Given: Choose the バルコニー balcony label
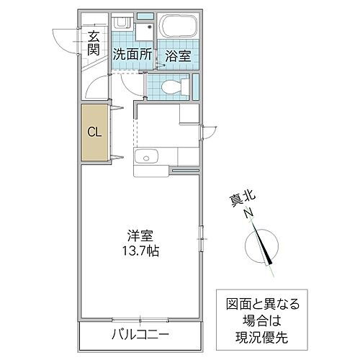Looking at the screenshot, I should click(x=140, y=335).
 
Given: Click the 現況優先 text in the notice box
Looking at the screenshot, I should click(x=263, y=335).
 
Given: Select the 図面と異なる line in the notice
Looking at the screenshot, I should click(x=263, y=303).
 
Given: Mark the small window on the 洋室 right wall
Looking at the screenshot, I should click(x=202, y=234).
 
